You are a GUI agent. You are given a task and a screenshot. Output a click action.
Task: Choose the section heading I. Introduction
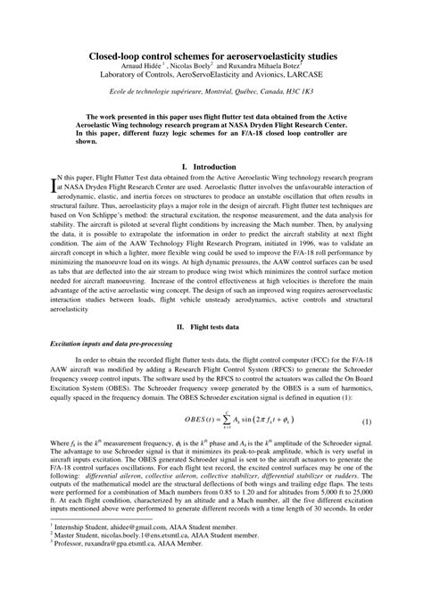(x=211, y=167)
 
